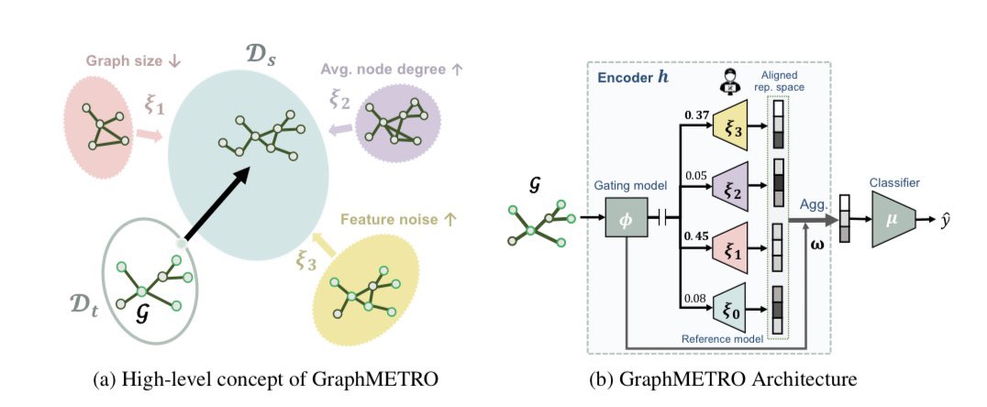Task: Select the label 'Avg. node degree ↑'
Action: click(x=380, y=68)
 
